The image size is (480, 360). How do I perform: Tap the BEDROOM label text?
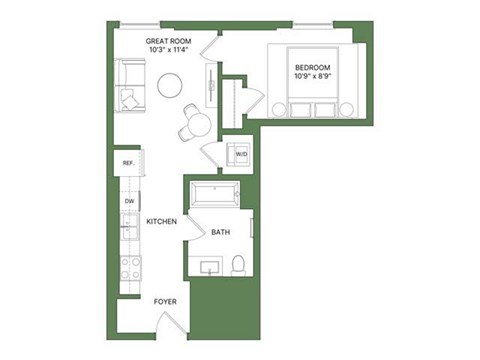[314, 66]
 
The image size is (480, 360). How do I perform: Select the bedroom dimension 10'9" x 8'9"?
[314, 76]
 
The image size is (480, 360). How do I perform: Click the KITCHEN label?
[161, 221]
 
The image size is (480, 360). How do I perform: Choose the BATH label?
[221, 233]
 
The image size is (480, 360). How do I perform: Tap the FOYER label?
[165, 300]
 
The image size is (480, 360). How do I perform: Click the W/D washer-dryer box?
[241, 155]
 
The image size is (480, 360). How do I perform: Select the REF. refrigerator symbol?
[129, 162]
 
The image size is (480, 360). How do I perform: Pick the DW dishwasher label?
[130, 201]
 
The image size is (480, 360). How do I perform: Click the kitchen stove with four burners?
[130, 267]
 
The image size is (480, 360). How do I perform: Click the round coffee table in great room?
[171, 85]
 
